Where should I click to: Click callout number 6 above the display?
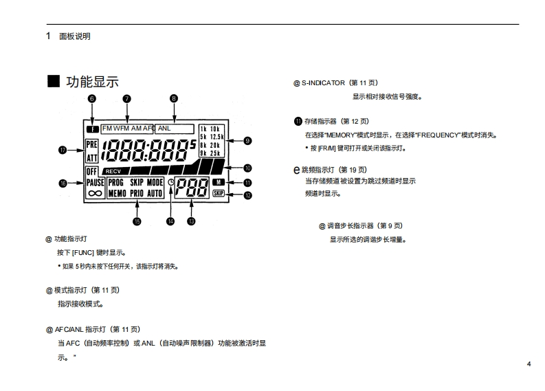pos(92,99)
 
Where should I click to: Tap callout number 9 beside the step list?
pos(248,141)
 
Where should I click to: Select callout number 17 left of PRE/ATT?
pos(63,150)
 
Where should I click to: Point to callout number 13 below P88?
pos(191,221)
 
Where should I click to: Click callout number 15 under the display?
pos(136,221)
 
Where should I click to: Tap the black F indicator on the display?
pos(92,129)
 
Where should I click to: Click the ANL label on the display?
pos(164,128)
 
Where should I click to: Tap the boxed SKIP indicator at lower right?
pos(219,194)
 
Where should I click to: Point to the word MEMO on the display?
pos(117,194)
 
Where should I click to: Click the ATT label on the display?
pos(92,156)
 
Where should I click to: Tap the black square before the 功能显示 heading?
pos(54,81)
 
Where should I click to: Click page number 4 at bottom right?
pos(529,364)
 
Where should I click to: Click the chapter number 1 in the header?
pos(48,36)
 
